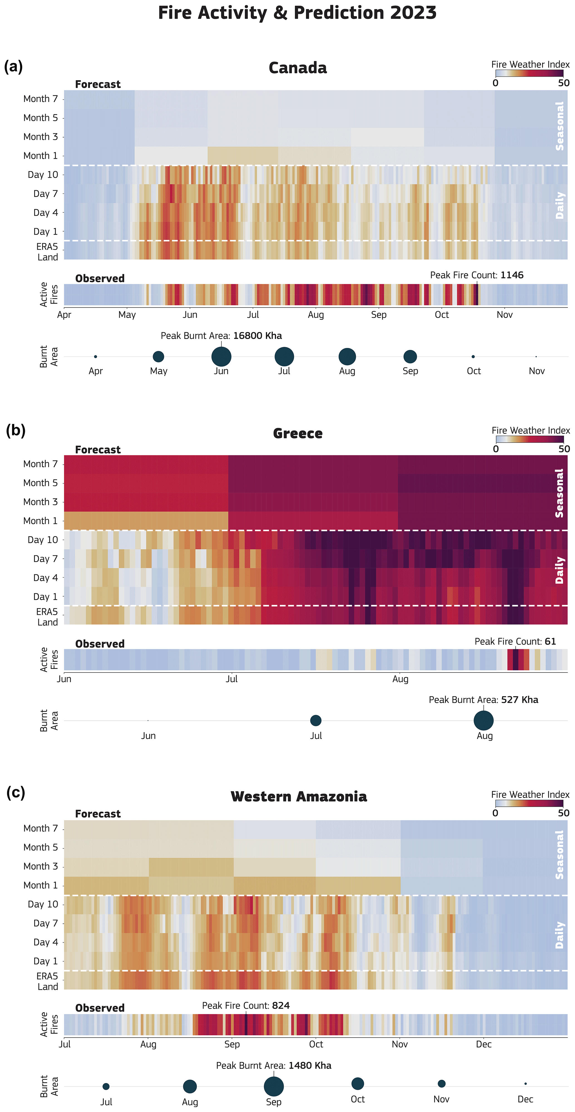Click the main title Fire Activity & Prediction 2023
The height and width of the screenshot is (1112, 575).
(x=297, y=13)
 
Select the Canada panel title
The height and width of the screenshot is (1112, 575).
(x=298, y=68)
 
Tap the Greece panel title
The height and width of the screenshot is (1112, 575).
(x=298, y=433)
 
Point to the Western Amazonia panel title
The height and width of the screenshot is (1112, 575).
(x=298, y=796)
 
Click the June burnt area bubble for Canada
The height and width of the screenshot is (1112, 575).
(x=221, y=357)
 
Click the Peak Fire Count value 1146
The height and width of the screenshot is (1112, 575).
(x=512, y=275)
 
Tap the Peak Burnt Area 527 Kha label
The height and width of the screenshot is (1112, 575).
(x=483, y=700)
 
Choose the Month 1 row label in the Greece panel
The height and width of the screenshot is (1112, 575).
(x=40, y=521)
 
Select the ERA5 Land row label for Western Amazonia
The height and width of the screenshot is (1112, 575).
(x=47, y=981)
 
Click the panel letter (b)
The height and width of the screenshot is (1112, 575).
(x=16, y=430)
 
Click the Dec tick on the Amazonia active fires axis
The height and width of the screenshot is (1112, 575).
(x=483, y=1044)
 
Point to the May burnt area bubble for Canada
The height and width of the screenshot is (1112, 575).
(x=159, y=357)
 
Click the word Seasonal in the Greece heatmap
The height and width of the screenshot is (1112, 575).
(x=559, y=493)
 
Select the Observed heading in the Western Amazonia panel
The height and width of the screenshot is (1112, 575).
(x=100, y=1008)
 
